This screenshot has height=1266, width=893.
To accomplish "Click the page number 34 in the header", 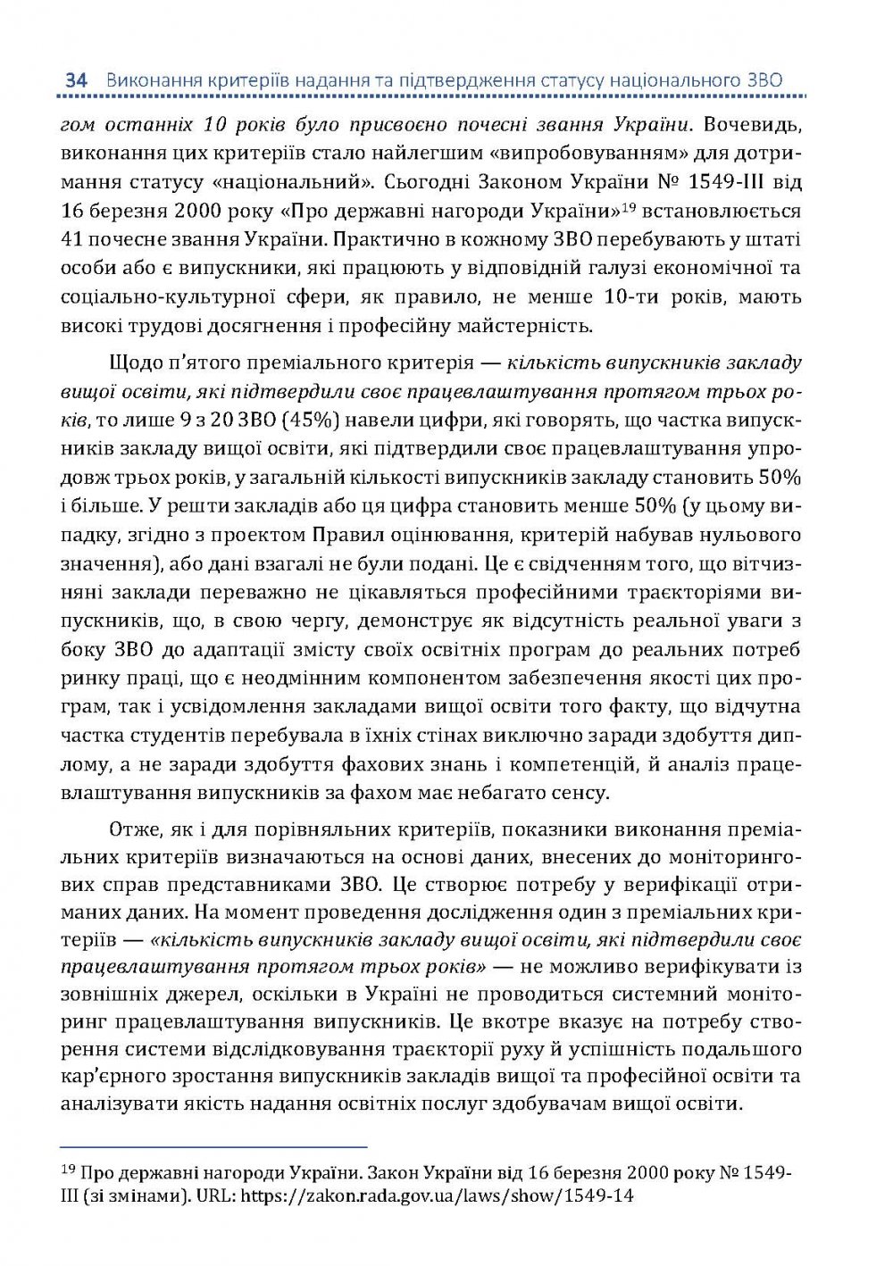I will [75, 80].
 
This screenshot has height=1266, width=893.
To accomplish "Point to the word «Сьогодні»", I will [434, 181].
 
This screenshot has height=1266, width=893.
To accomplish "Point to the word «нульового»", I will [754, 535].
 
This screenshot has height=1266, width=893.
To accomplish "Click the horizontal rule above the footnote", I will [214, 1145].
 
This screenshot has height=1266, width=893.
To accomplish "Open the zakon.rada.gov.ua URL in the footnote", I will [437, 1195].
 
